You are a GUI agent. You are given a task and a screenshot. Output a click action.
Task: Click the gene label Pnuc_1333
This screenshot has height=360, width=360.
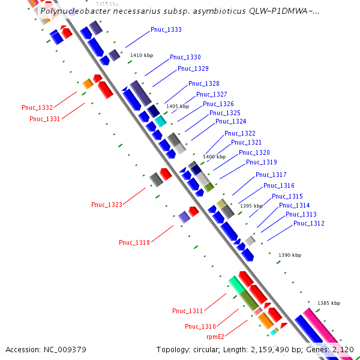coord(166,29)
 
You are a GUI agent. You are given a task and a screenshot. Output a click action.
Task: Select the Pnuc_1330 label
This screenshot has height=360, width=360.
coord(185,57)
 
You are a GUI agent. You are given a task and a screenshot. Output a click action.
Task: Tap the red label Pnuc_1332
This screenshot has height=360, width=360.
coord(37,107)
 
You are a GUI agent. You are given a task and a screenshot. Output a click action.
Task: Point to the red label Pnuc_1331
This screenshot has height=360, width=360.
coord(45,119)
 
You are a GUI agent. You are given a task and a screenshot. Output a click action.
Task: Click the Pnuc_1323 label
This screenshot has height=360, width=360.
coord(107,205)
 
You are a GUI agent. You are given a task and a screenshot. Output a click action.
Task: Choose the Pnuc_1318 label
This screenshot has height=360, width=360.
coord(134,242)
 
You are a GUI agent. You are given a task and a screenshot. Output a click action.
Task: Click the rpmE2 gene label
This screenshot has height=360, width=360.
coord(215,337)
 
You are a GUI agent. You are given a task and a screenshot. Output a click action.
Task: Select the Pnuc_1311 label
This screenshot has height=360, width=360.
coord(188,311)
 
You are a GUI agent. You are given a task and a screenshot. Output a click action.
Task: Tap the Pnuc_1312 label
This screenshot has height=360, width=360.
coord(309,223)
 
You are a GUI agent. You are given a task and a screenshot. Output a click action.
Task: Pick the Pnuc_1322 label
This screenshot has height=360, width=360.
coord(240,133)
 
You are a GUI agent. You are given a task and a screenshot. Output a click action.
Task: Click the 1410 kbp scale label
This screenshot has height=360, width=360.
coord(142,55)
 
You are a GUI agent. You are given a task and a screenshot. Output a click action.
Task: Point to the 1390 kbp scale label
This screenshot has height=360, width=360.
coord(290,255)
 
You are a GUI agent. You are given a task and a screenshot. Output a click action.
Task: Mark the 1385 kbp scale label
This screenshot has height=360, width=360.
coord(329,303)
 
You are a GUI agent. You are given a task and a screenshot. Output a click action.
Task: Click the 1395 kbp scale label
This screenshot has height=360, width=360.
coord(251,206)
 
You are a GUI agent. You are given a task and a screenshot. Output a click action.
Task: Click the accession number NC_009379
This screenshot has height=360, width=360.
coord(65,350)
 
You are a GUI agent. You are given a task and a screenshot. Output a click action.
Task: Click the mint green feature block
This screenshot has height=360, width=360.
coord(237,284)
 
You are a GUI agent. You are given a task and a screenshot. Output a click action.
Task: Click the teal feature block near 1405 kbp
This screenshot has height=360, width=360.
coord(160,121)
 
